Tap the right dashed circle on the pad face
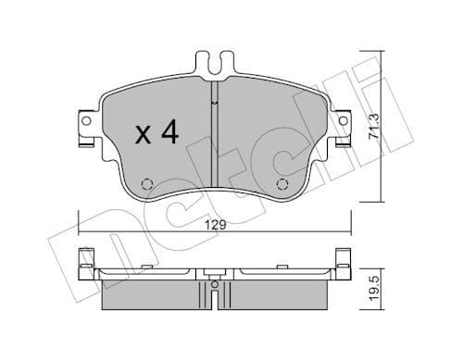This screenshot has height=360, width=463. coord(282,183)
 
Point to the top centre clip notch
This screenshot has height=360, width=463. coord(214,66)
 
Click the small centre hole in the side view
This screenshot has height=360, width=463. coord(214,284)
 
